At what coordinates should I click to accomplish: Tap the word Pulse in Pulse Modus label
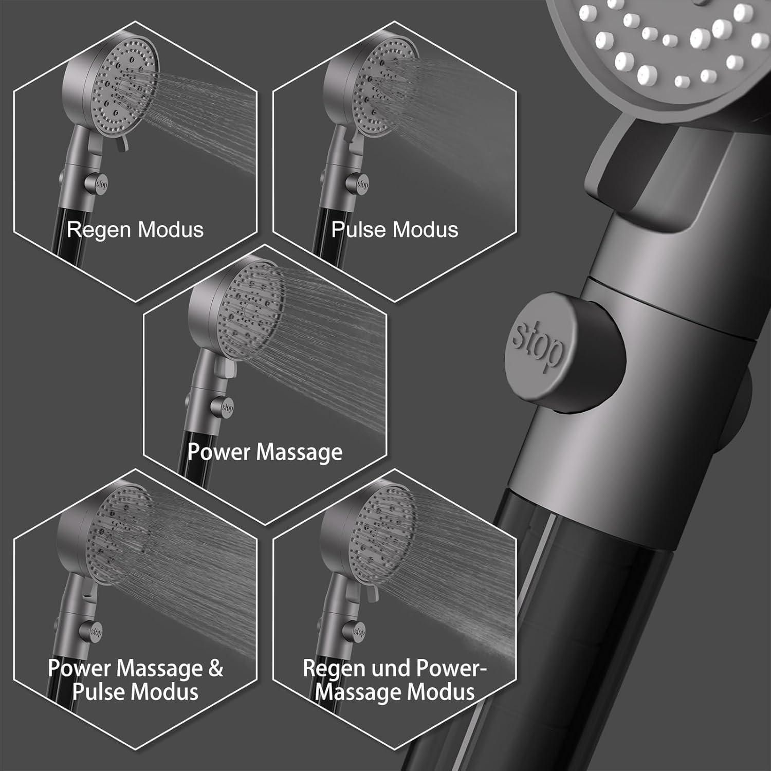pos(358,229)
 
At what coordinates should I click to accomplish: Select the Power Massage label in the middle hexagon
pos(265,452)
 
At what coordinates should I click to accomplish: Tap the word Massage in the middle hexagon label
pos(300,452)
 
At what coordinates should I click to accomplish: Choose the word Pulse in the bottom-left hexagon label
pos(98,692)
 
